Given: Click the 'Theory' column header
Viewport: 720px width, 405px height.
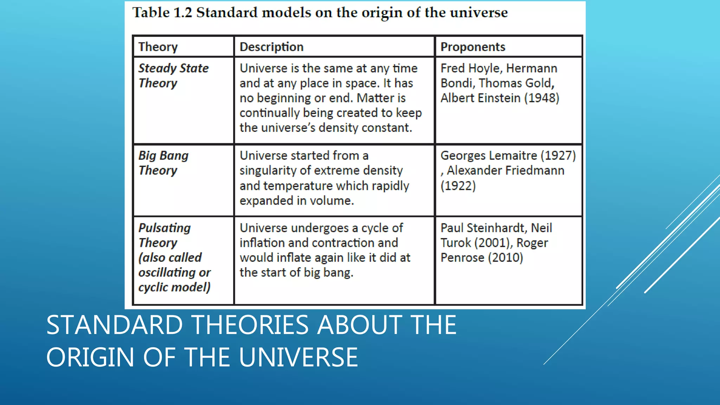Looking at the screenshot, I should point(158,47).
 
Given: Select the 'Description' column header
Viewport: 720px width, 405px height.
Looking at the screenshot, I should point(271,47).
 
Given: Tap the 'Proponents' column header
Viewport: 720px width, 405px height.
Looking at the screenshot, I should point(472,47).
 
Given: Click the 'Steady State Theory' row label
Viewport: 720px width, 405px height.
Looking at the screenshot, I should point(173,76).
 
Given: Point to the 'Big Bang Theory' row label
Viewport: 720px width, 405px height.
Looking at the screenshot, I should point(163,163).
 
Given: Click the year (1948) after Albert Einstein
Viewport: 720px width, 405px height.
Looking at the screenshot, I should point(541,98).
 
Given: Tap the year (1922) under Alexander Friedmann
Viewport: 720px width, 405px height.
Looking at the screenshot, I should point(458,186).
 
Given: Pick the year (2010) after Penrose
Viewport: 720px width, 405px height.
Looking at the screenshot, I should point(505,258).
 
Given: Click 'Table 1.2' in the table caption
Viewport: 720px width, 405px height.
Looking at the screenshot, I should point(162,13).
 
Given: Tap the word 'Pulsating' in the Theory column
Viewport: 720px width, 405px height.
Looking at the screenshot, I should point(165,228).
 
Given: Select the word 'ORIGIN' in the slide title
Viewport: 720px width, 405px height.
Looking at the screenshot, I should point(90,357).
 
